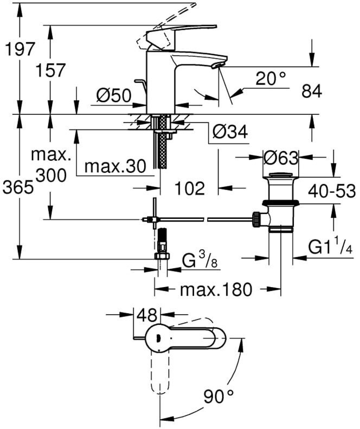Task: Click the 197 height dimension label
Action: point(19,49)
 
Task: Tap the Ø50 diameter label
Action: point(114,95)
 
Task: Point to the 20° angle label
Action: point(271,79)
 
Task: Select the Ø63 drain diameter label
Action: point(281,158)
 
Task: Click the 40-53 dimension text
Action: point(331,191)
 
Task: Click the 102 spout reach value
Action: point(189,188)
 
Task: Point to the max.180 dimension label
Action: point(216,290)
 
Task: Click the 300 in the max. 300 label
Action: point(50,174)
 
